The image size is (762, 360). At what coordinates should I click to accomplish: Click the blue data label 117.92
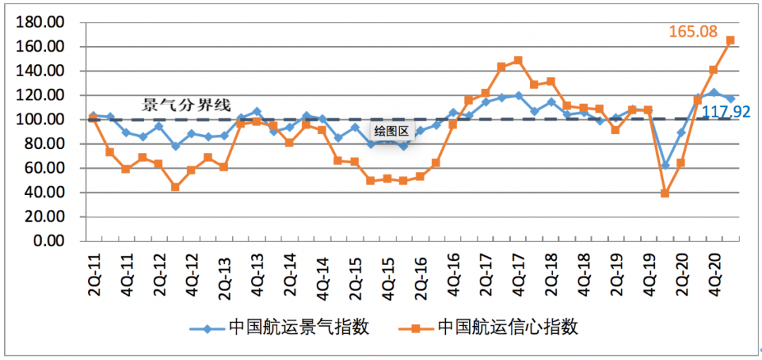[725, 111]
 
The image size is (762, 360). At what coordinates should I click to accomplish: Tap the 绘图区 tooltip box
[392, 131]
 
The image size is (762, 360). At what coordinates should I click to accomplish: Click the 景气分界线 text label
[186, 106]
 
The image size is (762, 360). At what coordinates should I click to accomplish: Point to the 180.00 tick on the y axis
[44, 23]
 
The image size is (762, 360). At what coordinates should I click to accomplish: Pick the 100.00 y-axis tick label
[44, 119]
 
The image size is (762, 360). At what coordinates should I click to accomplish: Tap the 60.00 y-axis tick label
[47, 168]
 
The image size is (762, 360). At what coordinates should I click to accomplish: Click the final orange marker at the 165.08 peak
[730, 40]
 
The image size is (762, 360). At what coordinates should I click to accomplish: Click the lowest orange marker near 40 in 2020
[665, 193]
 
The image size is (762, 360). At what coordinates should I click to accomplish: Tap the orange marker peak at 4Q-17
[518, 60]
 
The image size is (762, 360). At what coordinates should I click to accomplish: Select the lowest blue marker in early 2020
[665, 165]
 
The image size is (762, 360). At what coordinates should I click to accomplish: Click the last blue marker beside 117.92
[730, 98]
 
